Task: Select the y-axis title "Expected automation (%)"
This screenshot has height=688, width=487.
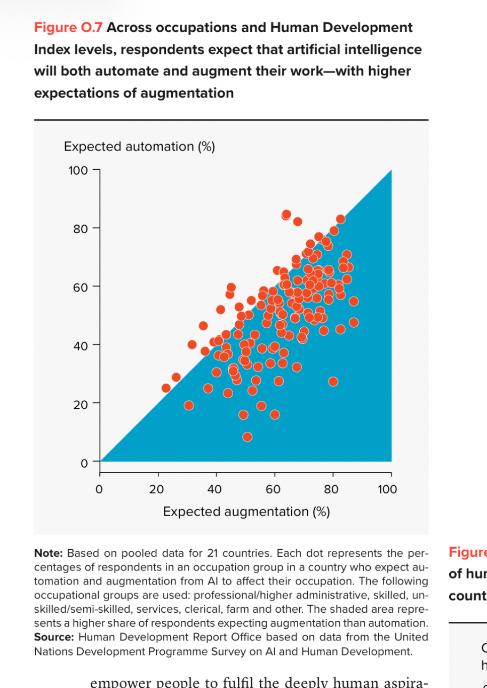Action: [139, 146]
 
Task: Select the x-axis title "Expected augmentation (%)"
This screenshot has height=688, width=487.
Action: [246, 512]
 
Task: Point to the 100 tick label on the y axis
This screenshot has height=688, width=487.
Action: [77, 170]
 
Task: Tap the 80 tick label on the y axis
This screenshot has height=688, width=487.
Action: [80, 229]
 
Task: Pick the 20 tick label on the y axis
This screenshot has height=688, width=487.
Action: [80, 404]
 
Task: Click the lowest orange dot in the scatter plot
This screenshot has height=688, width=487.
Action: [247, 437]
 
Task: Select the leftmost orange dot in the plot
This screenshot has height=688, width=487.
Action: [166, 388]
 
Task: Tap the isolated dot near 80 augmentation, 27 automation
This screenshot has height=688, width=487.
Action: [333, 381]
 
